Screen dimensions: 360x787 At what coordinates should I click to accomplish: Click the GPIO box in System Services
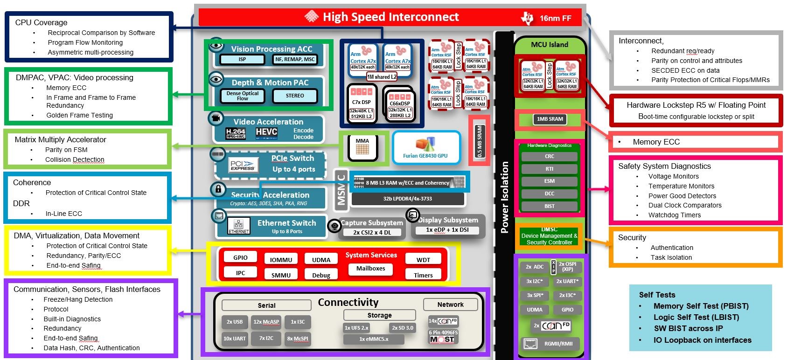click(x=240, y=257)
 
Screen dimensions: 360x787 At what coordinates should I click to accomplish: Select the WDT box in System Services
click(x=423, y=259)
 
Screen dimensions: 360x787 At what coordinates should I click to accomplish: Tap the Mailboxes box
click(x=370, y=269)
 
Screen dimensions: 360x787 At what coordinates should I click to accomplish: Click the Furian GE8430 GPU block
click(x=425, y=148)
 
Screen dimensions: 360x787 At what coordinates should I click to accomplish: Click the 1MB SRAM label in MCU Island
click(x=550, y=119)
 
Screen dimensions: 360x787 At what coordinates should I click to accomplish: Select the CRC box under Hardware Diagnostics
click(x=550, y=156)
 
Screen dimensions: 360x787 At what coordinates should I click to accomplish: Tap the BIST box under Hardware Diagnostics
click(x=550, y=206)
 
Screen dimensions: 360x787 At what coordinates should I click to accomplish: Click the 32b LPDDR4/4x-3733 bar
click(x=407, y=199)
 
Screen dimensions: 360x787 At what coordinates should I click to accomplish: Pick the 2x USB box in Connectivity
click(x=235, y=322)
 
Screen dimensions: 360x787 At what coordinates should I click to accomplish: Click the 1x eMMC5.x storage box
click(x=374, y=339)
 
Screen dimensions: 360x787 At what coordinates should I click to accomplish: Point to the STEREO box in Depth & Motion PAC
click(x=295, y=96)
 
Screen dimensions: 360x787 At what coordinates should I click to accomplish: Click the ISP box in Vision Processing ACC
click(x=242, y=60)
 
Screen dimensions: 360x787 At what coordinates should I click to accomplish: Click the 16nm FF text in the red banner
click(x=555, y=18)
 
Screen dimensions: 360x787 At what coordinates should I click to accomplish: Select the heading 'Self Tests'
click(x=657, y=295)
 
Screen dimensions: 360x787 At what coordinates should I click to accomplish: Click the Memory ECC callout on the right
click(x=656, y=142)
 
